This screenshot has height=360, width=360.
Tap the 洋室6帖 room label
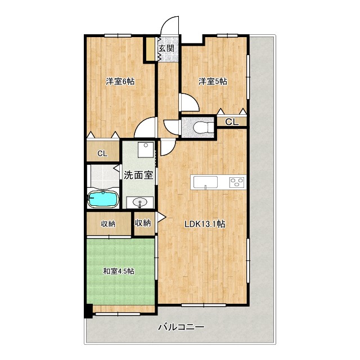point(120,82)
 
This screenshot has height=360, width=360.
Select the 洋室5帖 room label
point(213,82)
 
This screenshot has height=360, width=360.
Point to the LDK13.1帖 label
point(205,224)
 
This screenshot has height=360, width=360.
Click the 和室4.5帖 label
point(119,271)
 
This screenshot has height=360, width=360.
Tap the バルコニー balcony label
point(181,327)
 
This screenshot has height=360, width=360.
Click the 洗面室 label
point(138,175)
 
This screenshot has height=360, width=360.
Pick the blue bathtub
point(103,199)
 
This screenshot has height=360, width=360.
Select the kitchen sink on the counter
point(205,182)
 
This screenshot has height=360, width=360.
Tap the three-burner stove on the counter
point(237,182)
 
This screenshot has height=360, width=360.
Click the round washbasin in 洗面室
point(140,203)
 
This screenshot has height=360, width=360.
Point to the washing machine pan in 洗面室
point(146,150)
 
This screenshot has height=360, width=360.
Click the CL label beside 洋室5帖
point(232,122)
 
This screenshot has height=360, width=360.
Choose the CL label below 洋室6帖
point(102,154)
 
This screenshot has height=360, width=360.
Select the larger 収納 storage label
point(108,224)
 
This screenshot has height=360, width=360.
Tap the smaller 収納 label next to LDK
point(143,223)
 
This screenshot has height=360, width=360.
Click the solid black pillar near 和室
point(88,311)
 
